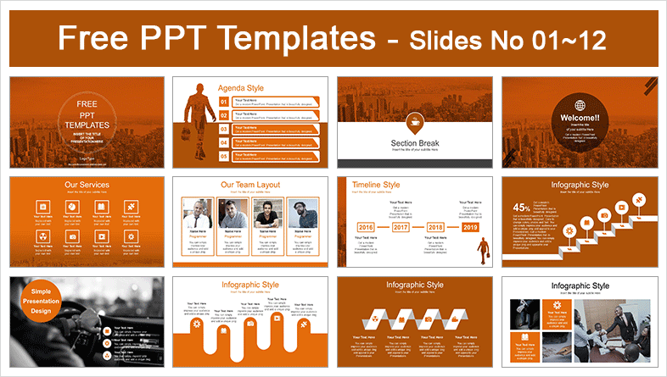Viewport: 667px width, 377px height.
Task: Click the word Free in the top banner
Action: coord(95,38)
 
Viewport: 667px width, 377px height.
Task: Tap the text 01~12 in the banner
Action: coord(576,39)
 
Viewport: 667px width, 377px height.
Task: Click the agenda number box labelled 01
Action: coord(224,103)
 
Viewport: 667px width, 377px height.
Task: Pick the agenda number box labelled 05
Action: coord(224,156)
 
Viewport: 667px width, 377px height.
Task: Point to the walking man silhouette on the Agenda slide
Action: coord(197,123)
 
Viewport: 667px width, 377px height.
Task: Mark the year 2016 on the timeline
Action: coord(366,228)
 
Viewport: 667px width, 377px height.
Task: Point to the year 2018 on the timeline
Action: coord(435,228)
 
